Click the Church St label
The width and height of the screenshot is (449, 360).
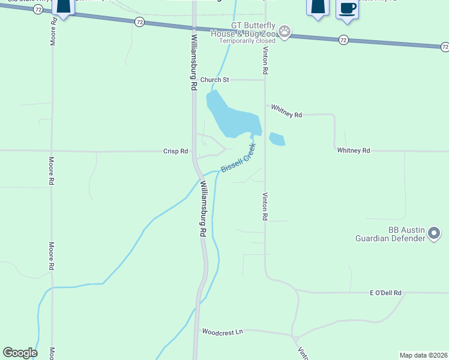click(215, 80)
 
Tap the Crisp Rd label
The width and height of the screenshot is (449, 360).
click(176, 151)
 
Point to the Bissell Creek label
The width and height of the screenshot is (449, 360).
click(238, 158)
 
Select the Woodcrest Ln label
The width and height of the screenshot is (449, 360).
click(223, 331)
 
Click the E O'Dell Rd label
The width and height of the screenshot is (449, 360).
click(385, 293)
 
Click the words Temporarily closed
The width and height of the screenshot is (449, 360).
click(247, 41)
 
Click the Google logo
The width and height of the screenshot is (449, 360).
click(20, 353)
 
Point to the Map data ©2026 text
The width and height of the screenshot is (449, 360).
click(424, 355)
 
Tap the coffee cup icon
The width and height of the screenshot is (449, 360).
click(347, 8)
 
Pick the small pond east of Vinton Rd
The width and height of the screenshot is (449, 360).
click(277, 139)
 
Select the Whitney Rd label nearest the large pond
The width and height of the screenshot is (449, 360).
click(286, 110)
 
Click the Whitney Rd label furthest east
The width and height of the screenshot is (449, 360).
click(354, 151)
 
